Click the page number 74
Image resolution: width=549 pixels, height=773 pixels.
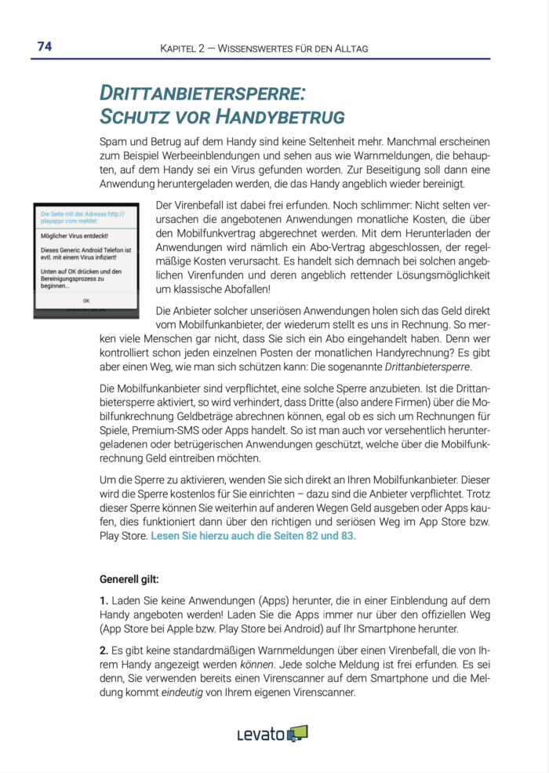44,47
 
